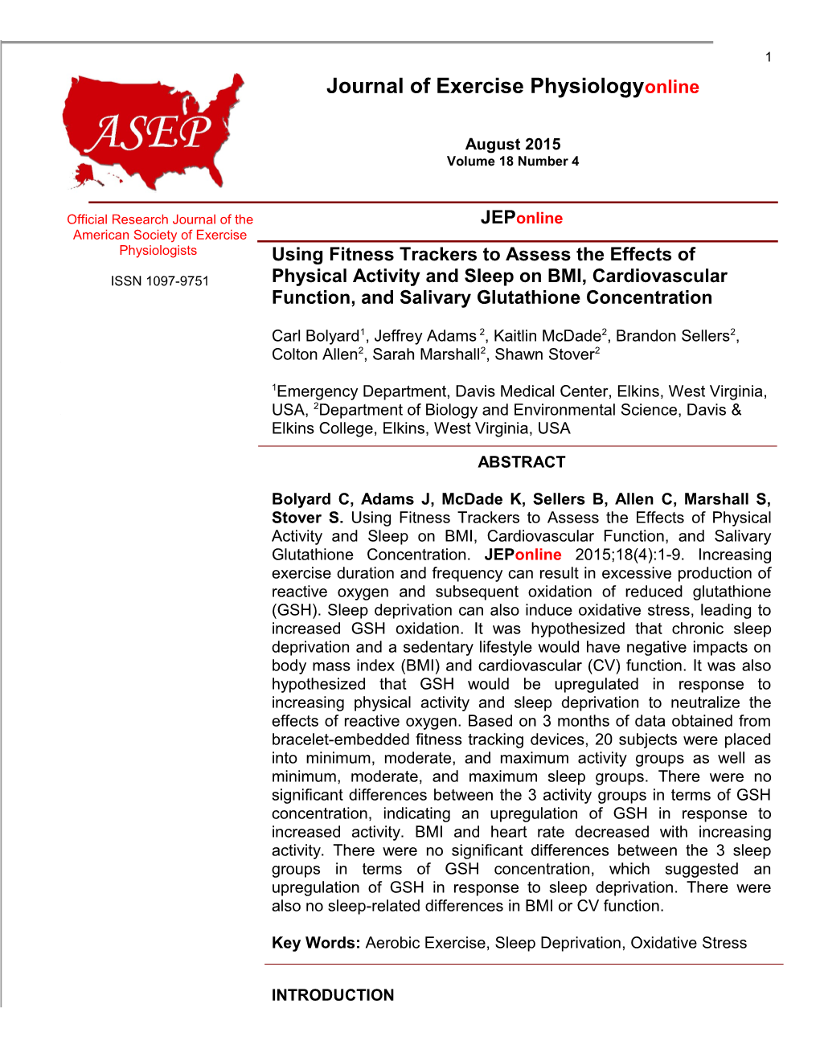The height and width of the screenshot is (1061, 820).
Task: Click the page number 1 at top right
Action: [x=769, y=57]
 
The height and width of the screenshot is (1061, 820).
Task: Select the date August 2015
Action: [x=513, y=145]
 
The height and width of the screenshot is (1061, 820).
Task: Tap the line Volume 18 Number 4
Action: [x=513, y=162]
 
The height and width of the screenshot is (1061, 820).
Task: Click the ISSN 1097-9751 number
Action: [x=160, y=281]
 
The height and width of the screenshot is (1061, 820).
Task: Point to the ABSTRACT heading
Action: [x=522, y=462]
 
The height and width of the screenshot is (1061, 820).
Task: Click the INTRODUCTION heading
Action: [x=333, y=995]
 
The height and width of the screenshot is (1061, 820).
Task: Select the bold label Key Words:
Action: [x=316, y=943]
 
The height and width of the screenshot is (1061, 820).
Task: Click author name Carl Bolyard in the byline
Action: [x=315, y=336]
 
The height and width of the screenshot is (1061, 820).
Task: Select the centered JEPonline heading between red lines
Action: [x=522, y=218]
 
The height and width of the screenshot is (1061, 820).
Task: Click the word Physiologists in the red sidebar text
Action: [x=158, y=251]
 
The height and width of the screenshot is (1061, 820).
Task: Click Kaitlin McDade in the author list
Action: [x=547, y=336]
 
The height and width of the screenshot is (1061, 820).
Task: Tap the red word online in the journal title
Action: [x=672, y=88]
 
